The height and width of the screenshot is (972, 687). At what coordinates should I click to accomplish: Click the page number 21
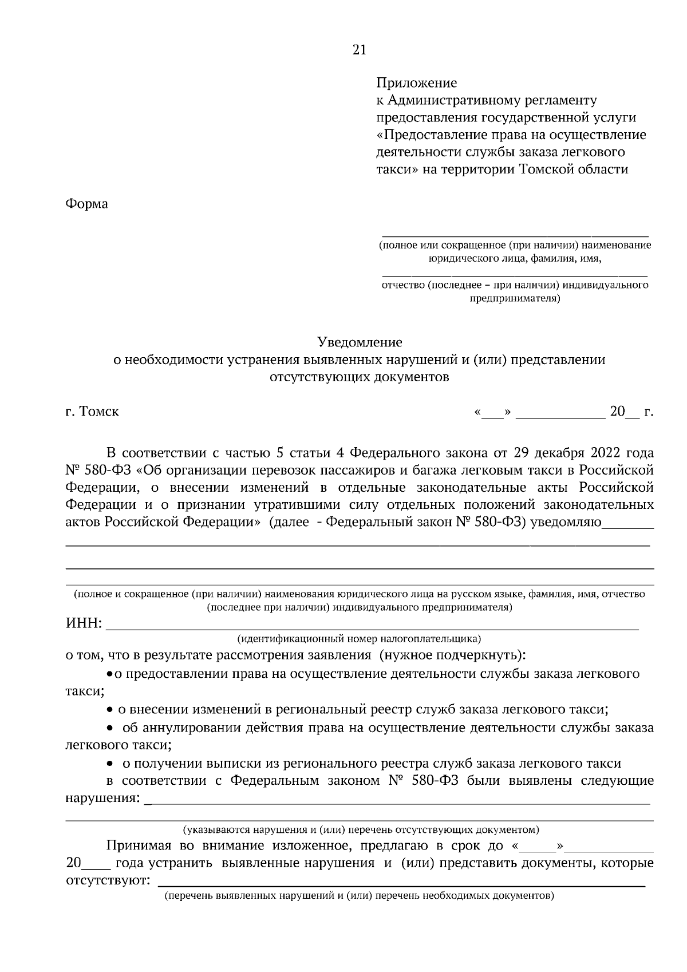(x=359, y=50)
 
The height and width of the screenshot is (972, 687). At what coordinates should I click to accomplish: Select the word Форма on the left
(x=86, y=204)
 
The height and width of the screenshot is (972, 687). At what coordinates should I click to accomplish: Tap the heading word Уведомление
(x=360, y=342)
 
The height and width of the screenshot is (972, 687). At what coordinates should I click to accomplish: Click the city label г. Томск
(x=92, y=412)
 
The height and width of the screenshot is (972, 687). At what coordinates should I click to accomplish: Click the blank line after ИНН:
(x=372, y=627)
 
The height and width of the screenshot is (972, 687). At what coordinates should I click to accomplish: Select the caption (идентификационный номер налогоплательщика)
(x=359, y=638)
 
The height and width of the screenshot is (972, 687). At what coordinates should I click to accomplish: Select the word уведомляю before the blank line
(x=566, y=522)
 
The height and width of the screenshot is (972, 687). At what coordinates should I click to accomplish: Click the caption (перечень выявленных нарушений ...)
(x=359, y=895)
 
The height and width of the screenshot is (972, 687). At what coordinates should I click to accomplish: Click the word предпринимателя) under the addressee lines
(x=515, y=298)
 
